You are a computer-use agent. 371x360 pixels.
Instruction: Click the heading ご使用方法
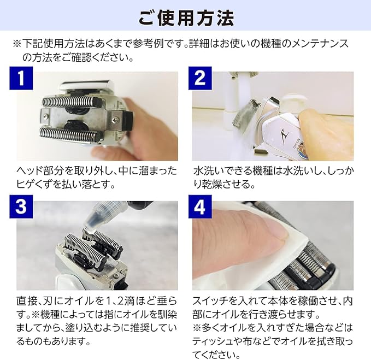coord(186,17)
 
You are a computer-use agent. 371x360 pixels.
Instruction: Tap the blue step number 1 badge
coord(21,78)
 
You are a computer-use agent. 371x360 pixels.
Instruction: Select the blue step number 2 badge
coord(200,78)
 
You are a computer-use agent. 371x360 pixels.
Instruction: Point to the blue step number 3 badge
coord(21,206)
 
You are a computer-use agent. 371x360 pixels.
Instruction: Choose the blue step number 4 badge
coord(200,206)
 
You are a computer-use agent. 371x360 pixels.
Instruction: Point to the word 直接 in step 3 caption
coord(26,302)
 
